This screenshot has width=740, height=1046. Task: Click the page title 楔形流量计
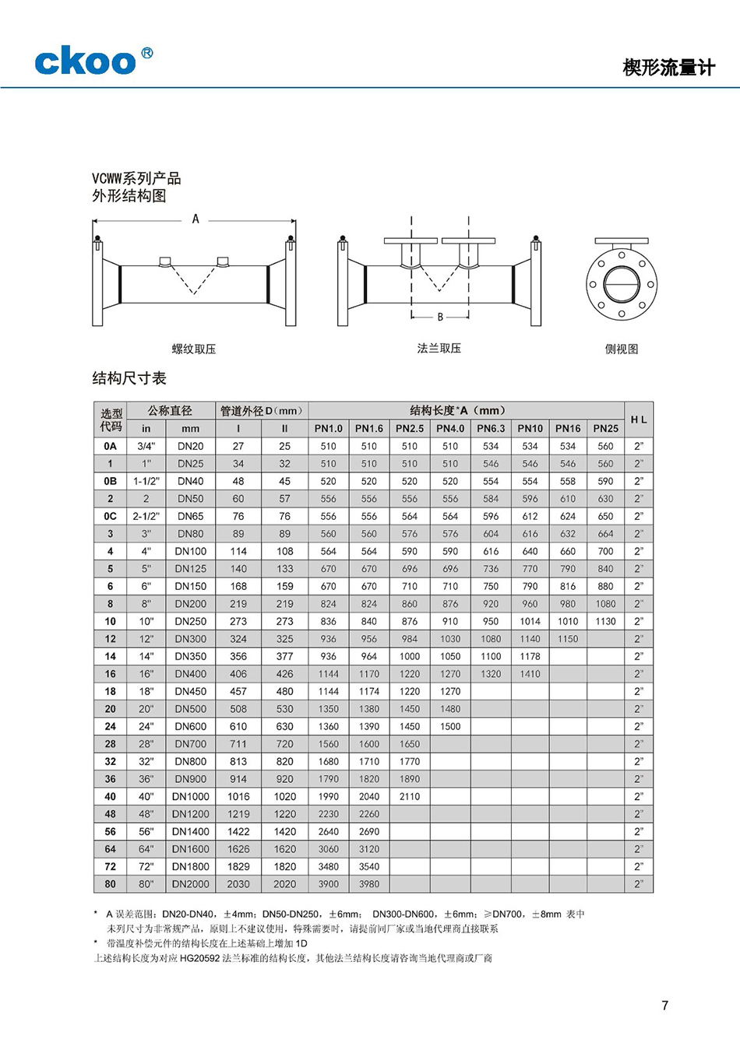click(668, 68)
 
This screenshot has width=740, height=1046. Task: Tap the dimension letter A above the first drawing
click(196, 219)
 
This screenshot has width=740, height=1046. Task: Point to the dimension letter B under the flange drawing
click(440, 317)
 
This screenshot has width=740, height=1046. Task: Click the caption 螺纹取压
click(193, 349)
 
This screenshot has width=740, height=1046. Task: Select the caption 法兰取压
click(439, 348)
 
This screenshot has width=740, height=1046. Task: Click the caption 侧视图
click(621, 349)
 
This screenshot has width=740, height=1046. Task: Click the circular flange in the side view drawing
click(621, 283)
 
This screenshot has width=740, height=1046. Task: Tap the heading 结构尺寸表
click(129, 378)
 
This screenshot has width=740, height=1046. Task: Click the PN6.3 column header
click(491, 428)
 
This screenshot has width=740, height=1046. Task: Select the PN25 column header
click(605, 428)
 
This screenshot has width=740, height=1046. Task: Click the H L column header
click(639, 419)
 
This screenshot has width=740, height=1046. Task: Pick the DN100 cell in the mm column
click(191, 551)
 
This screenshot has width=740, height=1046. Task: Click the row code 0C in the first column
click(111, 516)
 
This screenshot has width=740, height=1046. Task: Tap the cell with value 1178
click(530, 656)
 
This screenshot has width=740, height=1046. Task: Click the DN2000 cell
click(191, 884)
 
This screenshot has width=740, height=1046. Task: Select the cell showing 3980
click(369, 884)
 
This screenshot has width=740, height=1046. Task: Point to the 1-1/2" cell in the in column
click(146, 481)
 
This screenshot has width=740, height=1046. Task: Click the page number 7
click(664, 1006)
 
